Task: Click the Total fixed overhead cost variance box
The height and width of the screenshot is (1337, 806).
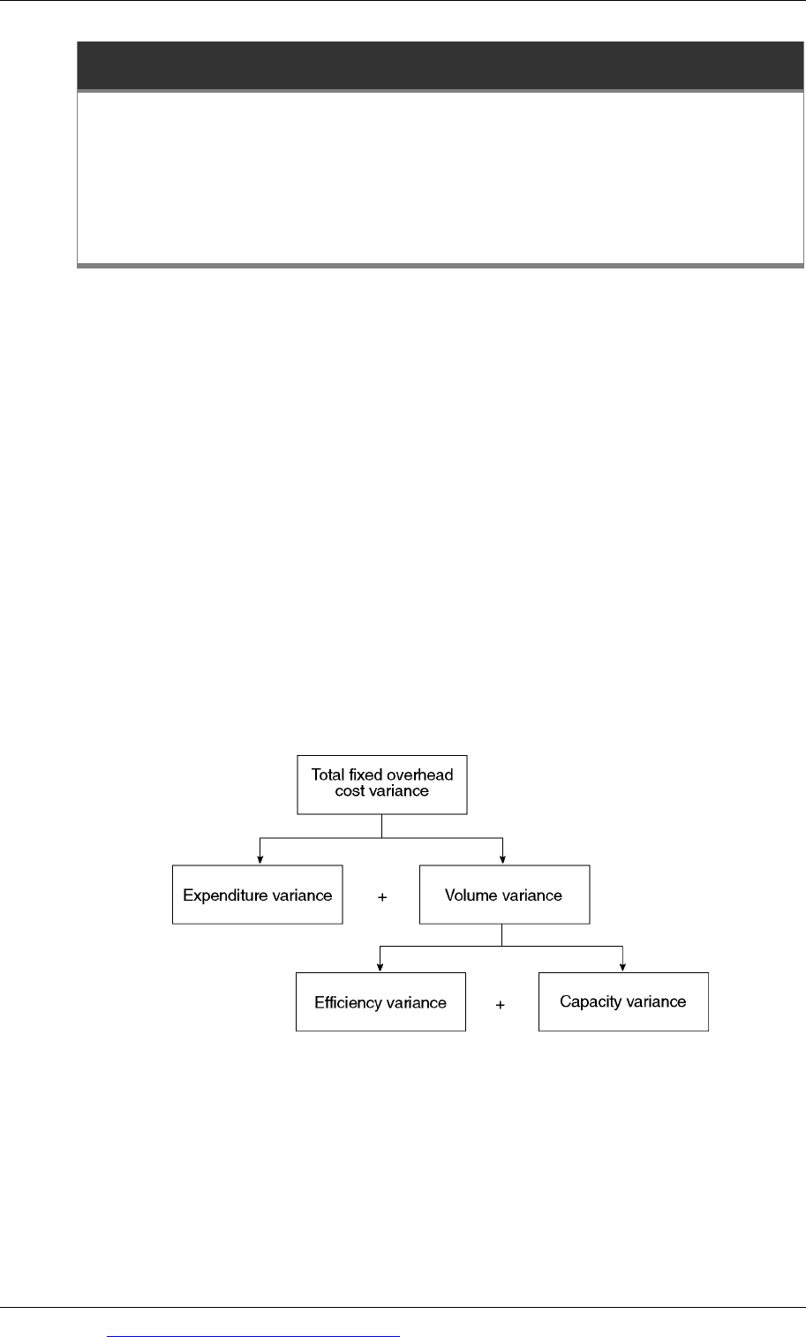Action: pyautogui.click(x=382, y=784)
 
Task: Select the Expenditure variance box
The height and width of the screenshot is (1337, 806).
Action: pyautogui.click(x=257, y=894)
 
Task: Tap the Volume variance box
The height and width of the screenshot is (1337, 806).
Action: pyautogui.click(x=505, y=894)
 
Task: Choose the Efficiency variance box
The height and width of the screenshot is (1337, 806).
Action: pyautogui.click(x=380, y=1001)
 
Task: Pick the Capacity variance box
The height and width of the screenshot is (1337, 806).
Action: pyautogui.click(x=623, y=1001)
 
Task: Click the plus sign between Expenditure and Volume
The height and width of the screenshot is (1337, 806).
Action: pyautogui.click(x=382, y=896)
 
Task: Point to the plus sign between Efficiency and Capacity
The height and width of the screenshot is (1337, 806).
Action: pyautogui.click(x=500, y=1005)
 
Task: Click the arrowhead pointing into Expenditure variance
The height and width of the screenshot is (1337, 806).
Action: pyautogui.click(x=260, y=859)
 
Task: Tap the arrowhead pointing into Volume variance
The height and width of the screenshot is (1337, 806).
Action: pyautogui.click(x=503, y=859)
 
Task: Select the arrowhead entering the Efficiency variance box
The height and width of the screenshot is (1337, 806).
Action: pyautogui.click(x=380, y=967)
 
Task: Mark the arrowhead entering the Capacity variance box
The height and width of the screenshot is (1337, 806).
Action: pyautogui.click(x=623, y=967)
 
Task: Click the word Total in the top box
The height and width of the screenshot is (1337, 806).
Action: pyautogui.click(x=328, y=774)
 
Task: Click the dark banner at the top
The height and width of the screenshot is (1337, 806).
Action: pyautogui.click(x=441, y=65)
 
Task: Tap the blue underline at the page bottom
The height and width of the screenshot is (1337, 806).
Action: pyautogui.click(x=253, y=1336)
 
